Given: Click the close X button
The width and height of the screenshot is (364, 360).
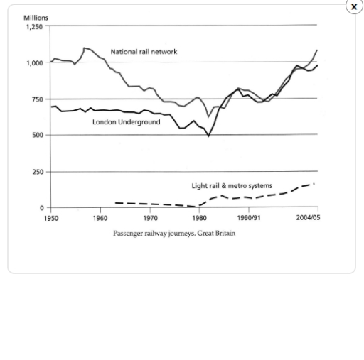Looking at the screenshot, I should pos(353,6).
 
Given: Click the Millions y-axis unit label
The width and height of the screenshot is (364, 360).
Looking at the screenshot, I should pos(36,18).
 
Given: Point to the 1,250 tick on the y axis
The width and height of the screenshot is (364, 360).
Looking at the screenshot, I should pos(33,26).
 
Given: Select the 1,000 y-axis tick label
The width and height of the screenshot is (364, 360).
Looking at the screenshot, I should pos(33,62).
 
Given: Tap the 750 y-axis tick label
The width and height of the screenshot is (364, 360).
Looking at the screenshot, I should pos(37,99).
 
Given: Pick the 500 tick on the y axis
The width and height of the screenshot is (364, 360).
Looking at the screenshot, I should pos(37,136).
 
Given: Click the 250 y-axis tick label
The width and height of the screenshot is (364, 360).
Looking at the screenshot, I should pos(37,172).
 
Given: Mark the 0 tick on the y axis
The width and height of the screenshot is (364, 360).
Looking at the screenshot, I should pos(41,208).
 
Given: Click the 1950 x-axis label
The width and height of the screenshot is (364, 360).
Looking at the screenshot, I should pos(50,218).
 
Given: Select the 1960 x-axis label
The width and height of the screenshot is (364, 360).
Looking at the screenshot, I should pos(100,218).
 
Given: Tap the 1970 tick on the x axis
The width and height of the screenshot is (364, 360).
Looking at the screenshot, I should pos(150,218).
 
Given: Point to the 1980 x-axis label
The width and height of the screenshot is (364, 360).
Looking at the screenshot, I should pos(199,218).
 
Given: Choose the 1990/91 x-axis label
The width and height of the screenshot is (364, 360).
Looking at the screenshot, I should pos(249,218).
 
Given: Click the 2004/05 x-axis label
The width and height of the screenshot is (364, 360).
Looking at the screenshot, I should pos(308,218).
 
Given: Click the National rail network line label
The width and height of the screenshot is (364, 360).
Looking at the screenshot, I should pos(144,52).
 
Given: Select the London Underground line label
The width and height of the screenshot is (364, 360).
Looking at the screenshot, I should pos(126,122).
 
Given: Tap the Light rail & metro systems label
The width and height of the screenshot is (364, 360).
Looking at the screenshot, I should pos(232,185).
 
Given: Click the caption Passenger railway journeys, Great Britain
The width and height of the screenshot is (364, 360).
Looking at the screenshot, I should pos(173,233).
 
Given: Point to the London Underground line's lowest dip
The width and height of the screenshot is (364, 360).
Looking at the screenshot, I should pos(208,135).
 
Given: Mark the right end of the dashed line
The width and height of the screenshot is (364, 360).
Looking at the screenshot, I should pos(314,184).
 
